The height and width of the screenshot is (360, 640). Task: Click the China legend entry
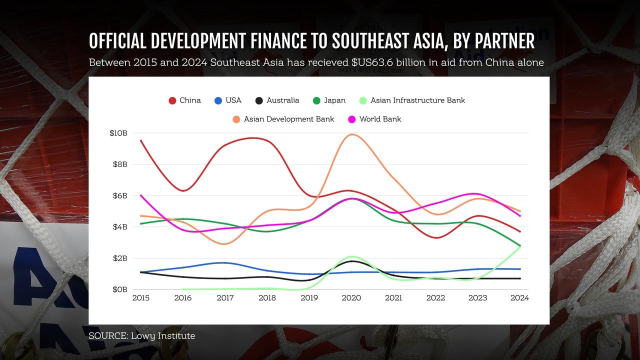(185, 100)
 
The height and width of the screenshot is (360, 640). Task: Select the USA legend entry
(228, 100)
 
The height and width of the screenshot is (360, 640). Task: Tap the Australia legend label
(283, 100)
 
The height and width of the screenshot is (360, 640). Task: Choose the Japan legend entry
(329, 100)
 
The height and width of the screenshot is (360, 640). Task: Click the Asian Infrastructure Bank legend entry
(412, 100)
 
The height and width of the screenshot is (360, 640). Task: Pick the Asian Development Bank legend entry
(283, 119)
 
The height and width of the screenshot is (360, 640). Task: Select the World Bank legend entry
(374, 119)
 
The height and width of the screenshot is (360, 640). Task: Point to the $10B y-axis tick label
(118, 133)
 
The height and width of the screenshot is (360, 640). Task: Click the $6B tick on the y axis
(120, 195)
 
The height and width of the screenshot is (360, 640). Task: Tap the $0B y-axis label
(120, 289)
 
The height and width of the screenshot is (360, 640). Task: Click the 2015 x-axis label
(141, 298)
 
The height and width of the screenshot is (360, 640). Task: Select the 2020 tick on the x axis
(351, 298)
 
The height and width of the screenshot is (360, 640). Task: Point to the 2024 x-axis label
(519, 298)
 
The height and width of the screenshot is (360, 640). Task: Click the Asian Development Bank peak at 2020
(351, 134)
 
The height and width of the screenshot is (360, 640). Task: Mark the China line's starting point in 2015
(141, 140)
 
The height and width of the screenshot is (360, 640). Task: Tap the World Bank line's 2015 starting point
(141, 195)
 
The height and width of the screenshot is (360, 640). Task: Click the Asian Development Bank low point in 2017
(225, 244)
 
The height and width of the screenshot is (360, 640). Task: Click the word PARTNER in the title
(504, 41)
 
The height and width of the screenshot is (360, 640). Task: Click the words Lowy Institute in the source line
(163, 336)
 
